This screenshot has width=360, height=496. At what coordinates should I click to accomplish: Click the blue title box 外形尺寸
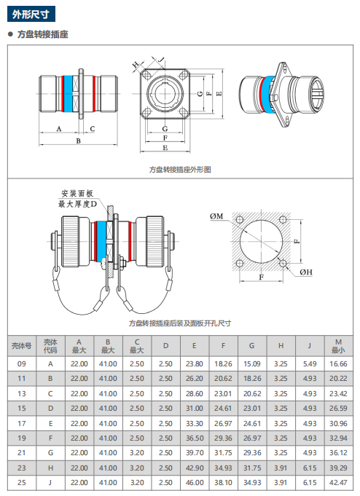31,14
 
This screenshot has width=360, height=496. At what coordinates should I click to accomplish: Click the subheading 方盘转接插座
43,34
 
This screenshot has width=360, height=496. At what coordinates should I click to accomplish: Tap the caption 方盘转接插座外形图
180,170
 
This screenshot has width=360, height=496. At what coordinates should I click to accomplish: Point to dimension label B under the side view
78,141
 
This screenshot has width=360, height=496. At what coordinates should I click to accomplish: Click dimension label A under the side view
58,129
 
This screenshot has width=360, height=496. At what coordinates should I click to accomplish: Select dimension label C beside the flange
92,129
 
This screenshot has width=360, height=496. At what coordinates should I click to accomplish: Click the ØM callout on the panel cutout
216,216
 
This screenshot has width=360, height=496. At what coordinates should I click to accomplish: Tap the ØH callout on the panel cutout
306,272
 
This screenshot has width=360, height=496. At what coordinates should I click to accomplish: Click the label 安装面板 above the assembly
77,193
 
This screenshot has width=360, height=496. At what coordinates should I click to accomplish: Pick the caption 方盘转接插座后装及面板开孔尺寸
180,323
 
